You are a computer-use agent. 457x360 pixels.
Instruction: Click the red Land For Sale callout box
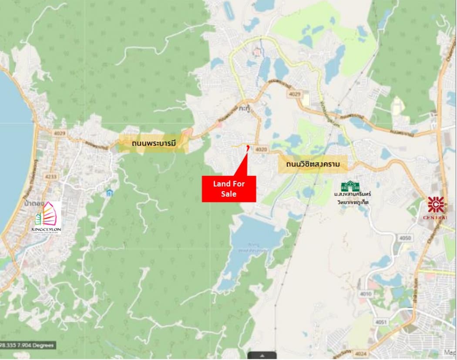point(229,189)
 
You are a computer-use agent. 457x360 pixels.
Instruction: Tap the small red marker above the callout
point(248,148)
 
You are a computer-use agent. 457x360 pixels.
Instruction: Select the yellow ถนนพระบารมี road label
point(153,143)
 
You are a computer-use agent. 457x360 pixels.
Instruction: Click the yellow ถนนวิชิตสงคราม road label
point(313,165)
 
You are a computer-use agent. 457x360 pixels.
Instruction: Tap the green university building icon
point(350,186)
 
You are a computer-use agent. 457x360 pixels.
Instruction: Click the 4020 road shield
point(261,149)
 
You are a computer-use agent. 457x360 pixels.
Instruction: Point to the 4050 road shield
point(405,238)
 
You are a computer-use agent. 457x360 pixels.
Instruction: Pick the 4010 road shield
point(366,294)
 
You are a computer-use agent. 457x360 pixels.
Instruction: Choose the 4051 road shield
point(381,322)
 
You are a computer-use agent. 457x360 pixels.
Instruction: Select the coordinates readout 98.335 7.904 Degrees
point(27,345)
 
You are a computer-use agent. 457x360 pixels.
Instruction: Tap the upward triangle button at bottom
point(262,355)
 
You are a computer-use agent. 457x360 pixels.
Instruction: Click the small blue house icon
point(110,192)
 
